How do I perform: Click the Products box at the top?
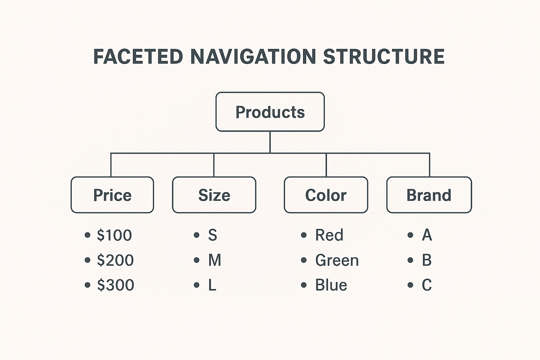[x=270, y=112]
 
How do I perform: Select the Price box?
[x=112, y=195]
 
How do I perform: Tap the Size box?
[x=214, y=195]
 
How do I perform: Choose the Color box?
[x=326, y=195]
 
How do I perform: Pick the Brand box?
[x=429, y=195]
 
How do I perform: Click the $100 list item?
[x=114, y=235]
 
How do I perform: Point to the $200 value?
[x=115, y=261]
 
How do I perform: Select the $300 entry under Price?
[x=116, y=285]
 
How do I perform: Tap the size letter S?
[x=212, y=235]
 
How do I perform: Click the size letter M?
[x=214, y=261]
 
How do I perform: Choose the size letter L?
[x=212, y=285]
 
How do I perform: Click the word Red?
[x=329, y=235]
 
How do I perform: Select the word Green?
[x=337, y=261]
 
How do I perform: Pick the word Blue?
[x=331, y=285]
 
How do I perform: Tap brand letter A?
[x=427, y=235]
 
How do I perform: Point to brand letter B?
[x=427, y=261]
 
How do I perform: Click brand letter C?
[x=427, y=285]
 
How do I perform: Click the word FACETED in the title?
[x=138, y=57]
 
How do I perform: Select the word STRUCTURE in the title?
[x=384, y=57]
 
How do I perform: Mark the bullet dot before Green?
[x=304, y=261]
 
